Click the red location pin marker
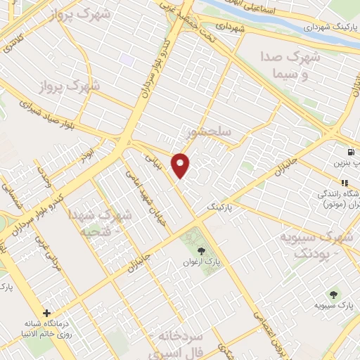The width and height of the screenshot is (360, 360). [x=181, y=165]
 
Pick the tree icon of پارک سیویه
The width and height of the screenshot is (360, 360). [x=333, y=294]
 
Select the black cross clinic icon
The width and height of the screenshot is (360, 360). [x=47, y=313]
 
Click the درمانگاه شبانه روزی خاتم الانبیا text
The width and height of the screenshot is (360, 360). [x=46, y=330]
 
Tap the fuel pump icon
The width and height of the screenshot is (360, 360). [x=349, y=151]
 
